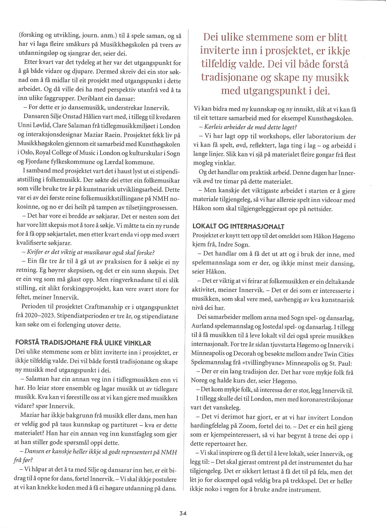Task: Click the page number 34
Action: (x=183, y=513)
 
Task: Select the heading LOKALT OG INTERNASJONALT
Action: (x=238, y=227)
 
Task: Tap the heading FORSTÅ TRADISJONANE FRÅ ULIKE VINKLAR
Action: (x=83, y=343)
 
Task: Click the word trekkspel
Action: (x=315, y=481)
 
